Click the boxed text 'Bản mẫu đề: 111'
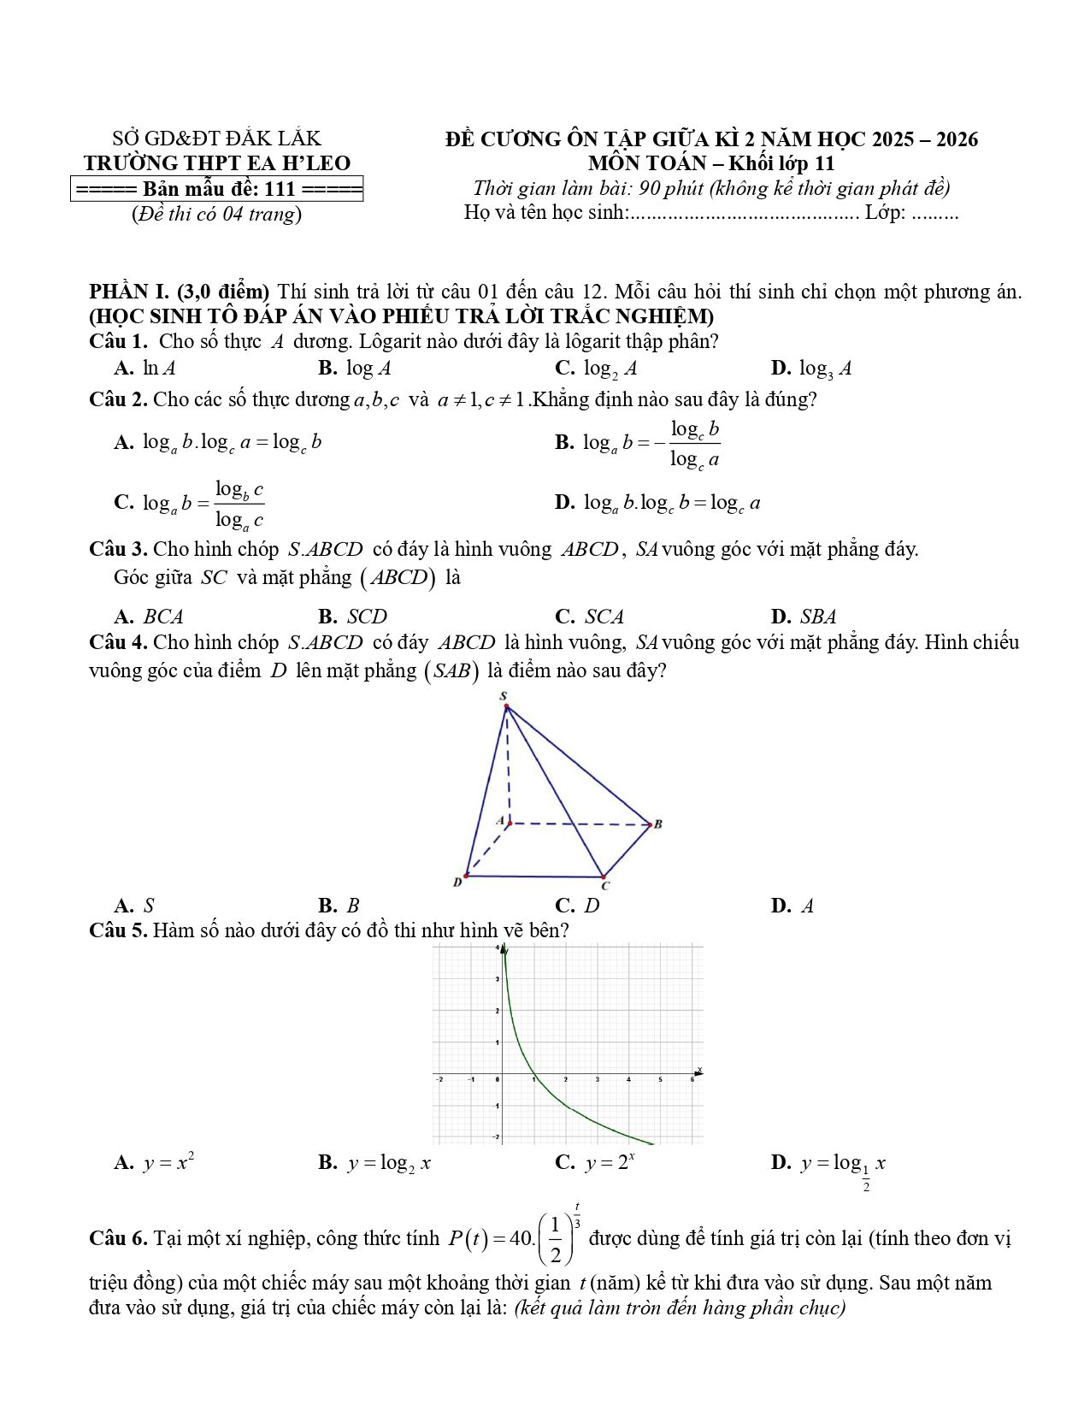click(x=217, y=189)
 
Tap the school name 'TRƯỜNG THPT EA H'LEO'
click(x=217, y=163)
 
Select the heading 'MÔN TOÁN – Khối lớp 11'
click(x=710, y=163)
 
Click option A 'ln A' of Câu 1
click(x=147, y=369)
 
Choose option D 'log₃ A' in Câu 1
click(x=812, y=369)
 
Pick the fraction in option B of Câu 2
click(x=694, y=444)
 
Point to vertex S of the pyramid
click(x=506, y=706)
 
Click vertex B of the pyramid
click(x=650, y=824)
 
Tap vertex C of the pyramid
click(x=603, y=877)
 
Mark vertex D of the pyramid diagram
click(x=466, y=876)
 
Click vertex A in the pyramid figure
click(x=510, y=824)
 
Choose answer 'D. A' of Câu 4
click(x=792, y=906)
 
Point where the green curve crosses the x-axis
click(x=533, y=1074)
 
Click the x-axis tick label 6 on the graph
click(x=692, y=1081)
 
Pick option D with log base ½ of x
click(x=829, y=1165)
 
